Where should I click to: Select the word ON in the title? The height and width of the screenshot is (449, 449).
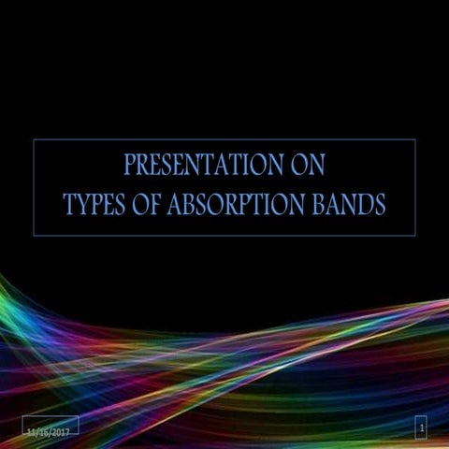tap(308, 167)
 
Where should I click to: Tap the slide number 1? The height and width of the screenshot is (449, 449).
tap(423, 427)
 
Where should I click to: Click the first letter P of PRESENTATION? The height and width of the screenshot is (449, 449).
tap(130, 167)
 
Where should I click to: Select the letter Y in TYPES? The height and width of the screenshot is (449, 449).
tap(80, 205)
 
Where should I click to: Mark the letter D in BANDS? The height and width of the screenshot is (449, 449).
tap(368, 205)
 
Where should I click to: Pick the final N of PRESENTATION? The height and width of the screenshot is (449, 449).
tap(272, 167)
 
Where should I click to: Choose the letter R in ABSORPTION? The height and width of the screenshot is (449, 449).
tap(231, 205)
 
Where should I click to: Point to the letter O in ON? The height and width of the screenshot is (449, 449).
tap(298, 167)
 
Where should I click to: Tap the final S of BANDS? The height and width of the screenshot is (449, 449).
tap(381, 205)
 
